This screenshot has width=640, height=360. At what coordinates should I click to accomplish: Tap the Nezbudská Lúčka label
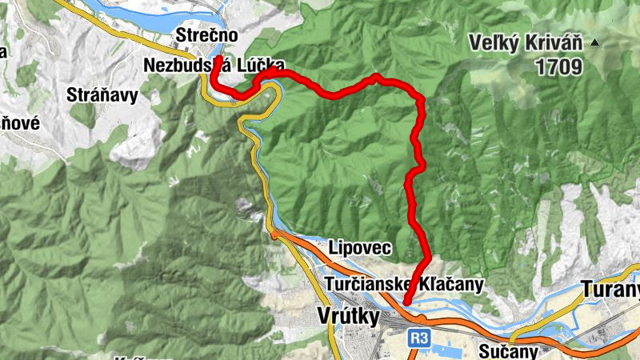click(x=214, y=65)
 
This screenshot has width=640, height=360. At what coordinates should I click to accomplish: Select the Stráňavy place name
click(x=102, y=95)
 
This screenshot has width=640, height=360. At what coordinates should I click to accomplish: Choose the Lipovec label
click(x=360, y=248)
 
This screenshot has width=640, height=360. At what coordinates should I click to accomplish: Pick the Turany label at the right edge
click(x=612, y=289)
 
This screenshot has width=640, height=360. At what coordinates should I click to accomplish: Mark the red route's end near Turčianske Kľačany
click(x=406, y=302)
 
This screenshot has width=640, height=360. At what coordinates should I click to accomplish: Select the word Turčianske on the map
click(x=367, y=285)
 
